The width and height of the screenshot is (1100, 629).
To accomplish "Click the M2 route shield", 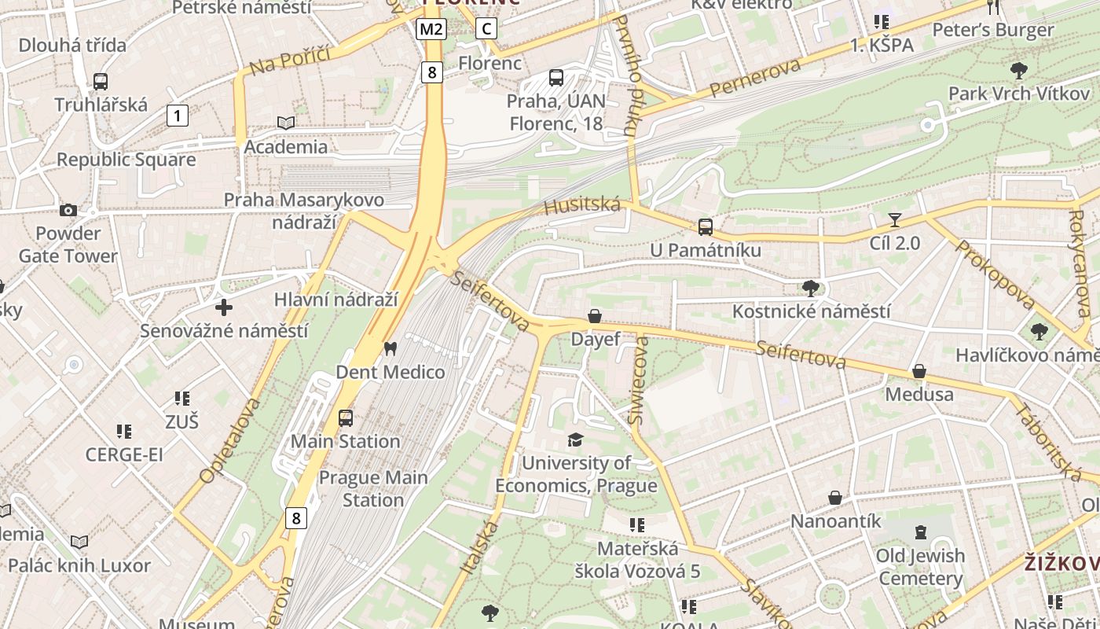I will pos(431,30).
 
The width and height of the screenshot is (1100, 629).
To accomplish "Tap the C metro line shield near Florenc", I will pos(487,29).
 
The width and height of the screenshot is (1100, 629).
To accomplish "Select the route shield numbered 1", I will pos(178,116).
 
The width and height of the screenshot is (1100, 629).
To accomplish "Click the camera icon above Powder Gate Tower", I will pos(68,210).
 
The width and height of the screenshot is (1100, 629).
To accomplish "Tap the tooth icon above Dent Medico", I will pos(390,348).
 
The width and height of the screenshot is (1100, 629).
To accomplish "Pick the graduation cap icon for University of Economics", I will pos(576,440).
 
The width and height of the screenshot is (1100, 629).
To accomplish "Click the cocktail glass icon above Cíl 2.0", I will pos(894,220).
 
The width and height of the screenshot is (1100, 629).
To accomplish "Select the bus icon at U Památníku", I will pos(706,227).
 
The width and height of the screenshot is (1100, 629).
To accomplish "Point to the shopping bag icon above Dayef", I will pos(595,316).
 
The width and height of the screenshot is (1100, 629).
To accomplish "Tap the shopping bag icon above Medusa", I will pos(918,371).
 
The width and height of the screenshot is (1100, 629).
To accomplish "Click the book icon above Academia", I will pos(286,123).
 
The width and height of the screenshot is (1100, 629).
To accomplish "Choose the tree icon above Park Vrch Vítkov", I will pos(1018,71).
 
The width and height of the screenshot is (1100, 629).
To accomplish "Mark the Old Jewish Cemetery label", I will pos(920,567).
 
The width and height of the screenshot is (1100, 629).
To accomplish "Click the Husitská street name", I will pos(582,206).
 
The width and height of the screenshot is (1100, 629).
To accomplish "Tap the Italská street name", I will pos(476,546).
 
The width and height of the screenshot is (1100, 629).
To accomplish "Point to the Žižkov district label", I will pos(1061,563).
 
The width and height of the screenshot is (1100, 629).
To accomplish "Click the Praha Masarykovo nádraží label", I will pos(304,211).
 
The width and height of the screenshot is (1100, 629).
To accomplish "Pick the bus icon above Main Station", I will pos(346,418).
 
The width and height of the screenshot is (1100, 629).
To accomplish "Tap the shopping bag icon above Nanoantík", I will pos(835,498).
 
